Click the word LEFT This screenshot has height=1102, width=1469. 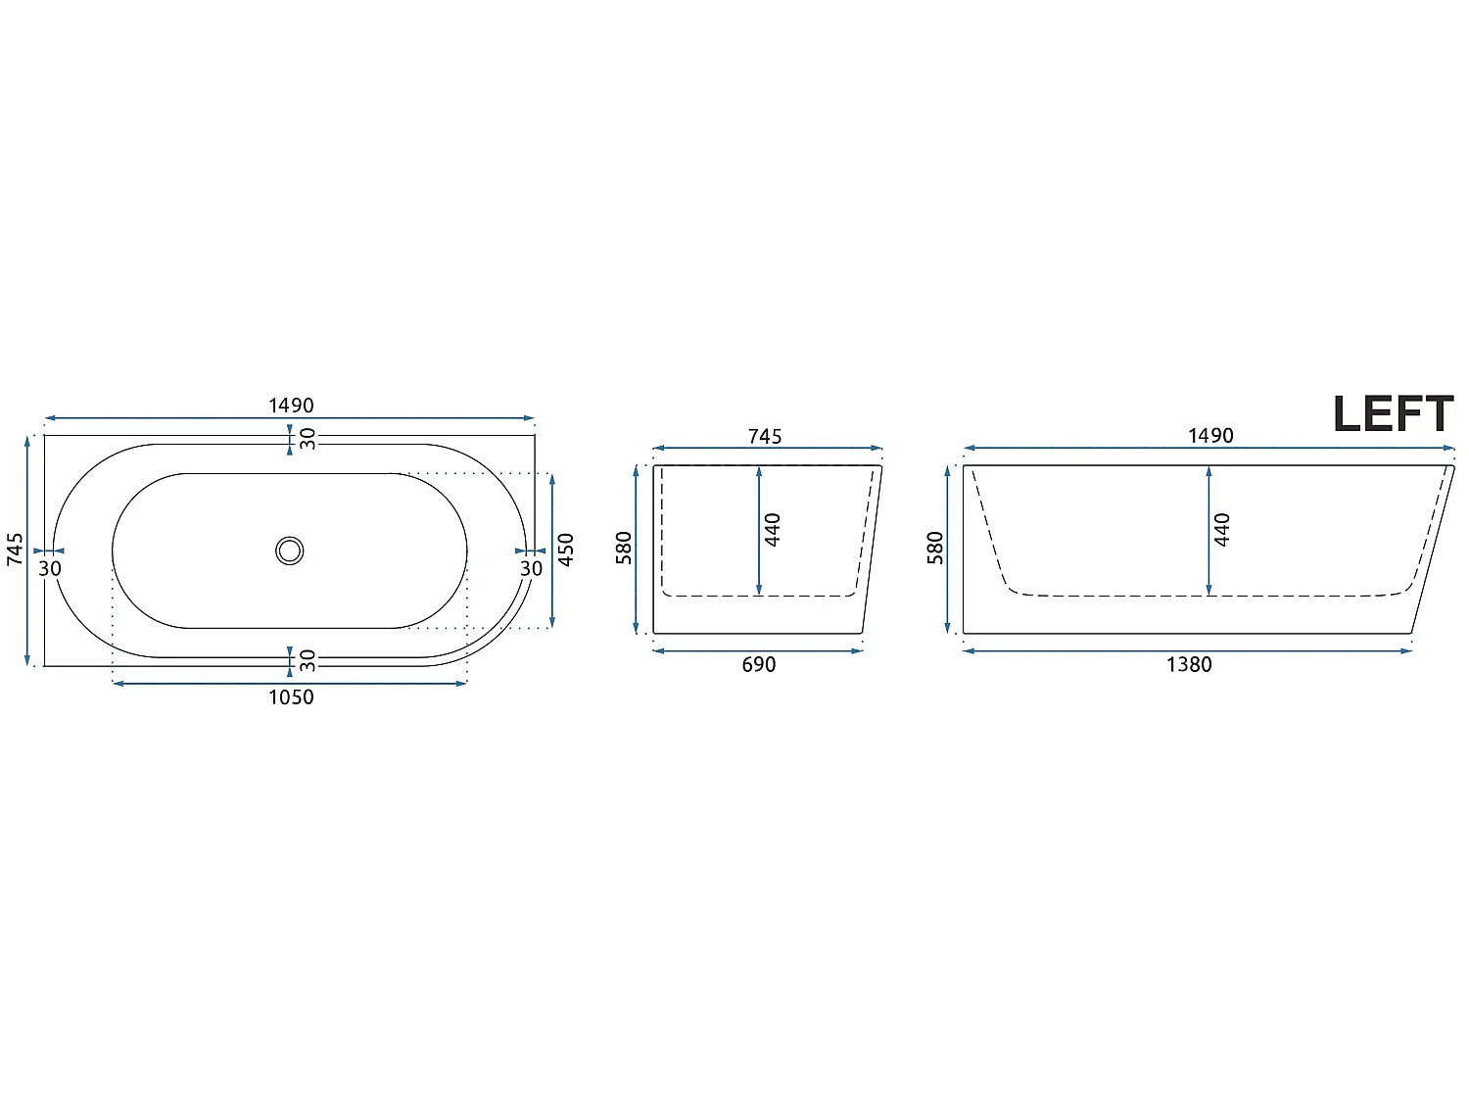[1394, 413]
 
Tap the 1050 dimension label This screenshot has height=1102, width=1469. [291, 697]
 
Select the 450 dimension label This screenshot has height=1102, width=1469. [566, 550]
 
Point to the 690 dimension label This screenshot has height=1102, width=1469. [759, 665]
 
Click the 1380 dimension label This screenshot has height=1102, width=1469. [1189, 665]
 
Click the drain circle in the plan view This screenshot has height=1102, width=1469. [290, 551]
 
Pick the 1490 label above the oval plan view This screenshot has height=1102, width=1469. [291, 406]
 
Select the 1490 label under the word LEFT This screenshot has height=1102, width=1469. [1210, 436]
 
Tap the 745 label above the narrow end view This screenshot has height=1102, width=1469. [765, 436]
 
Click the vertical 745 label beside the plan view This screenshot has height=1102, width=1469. [15, 550]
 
